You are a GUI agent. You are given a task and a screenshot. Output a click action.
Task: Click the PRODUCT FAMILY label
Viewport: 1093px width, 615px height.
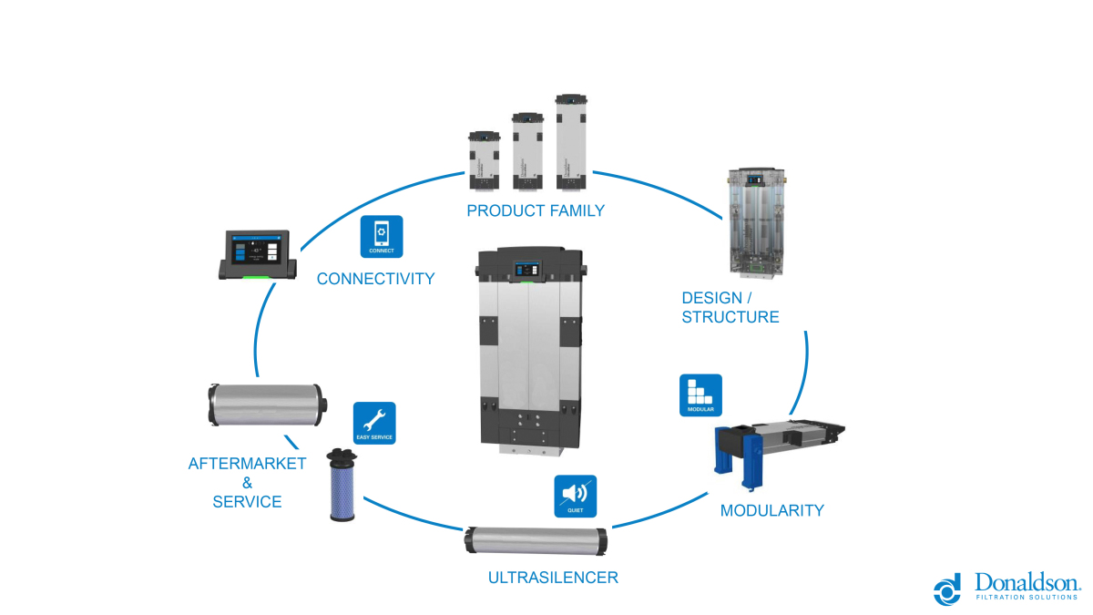(x=536, y=211)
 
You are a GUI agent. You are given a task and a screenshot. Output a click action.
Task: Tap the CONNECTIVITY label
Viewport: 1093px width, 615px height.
(x=375, y=279)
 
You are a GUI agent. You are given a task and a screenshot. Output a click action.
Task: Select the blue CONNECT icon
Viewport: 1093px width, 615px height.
(x=382, y=237)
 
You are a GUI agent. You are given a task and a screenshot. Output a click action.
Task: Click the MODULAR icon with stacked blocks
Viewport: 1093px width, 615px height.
(x=700, y=395)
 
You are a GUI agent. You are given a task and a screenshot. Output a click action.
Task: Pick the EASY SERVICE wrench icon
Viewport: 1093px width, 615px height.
(x=374, y=423)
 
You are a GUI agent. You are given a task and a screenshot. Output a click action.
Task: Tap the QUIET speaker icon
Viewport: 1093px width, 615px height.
(x=575, y=497)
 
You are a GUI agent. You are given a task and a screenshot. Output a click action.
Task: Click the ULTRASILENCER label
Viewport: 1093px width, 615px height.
(x=553, y=578)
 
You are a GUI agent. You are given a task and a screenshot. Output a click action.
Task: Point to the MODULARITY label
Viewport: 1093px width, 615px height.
(x=771, y=510)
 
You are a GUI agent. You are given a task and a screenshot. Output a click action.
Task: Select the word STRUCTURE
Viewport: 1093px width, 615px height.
(x=730, y=317)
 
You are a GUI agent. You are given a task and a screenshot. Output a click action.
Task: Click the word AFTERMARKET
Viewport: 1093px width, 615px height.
(x=248, y=463)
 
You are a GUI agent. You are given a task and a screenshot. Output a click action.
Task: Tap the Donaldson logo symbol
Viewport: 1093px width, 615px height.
(x=947, y=589)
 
